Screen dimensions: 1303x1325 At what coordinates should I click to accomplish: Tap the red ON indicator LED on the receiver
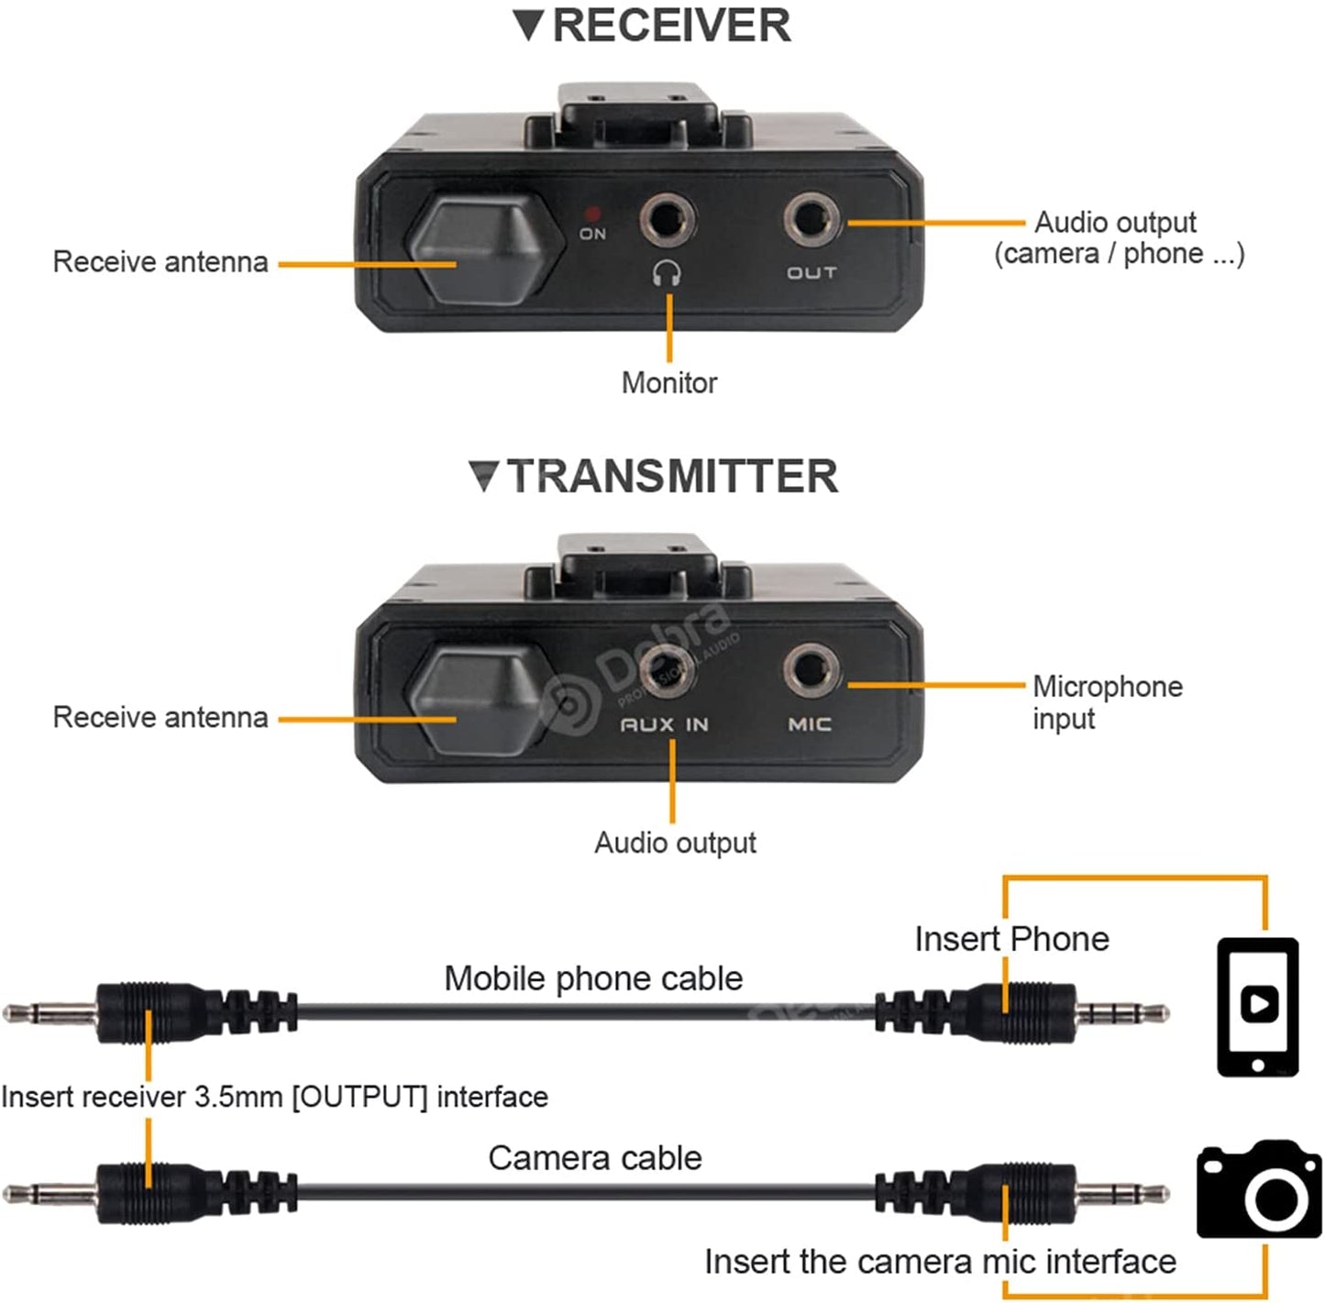[592, 213]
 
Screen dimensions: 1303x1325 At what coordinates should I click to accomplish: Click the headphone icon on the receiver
[667, 272]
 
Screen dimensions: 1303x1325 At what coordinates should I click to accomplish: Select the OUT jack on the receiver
[812, 220]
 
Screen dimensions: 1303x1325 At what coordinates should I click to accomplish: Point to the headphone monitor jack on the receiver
[667, 220]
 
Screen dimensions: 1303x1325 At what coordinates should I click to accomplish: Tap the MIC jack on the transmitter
[811, 670]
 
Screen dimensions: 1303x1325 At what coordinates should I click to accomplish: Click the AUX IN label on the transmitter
[665, 724]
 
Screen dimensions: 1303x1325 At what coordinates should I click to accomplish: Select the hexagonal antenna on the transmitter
[481, 701]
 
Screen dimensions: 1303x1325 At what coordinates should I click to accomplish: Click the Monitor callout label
[669, 382]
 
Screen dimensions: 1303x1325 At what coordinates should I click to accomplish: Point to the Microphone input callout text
[1106, 701]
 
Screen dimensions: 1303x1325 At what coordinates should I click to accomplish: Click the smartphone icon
[1257, 1006]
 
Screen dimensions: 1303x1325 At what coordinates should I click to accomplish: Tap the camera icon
[1259, 1189]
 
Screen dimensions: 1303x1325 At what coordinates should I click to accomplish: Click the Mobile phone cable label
[593, 978]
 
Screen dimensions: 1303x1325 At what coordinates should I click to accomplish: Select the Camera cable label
[594, 1158]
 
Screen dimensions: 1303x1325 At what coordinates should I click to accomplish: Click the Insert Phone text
[1011, 939]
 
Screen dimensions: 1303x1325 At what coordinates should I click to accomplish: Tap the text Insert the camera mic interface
[940, 1262]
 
